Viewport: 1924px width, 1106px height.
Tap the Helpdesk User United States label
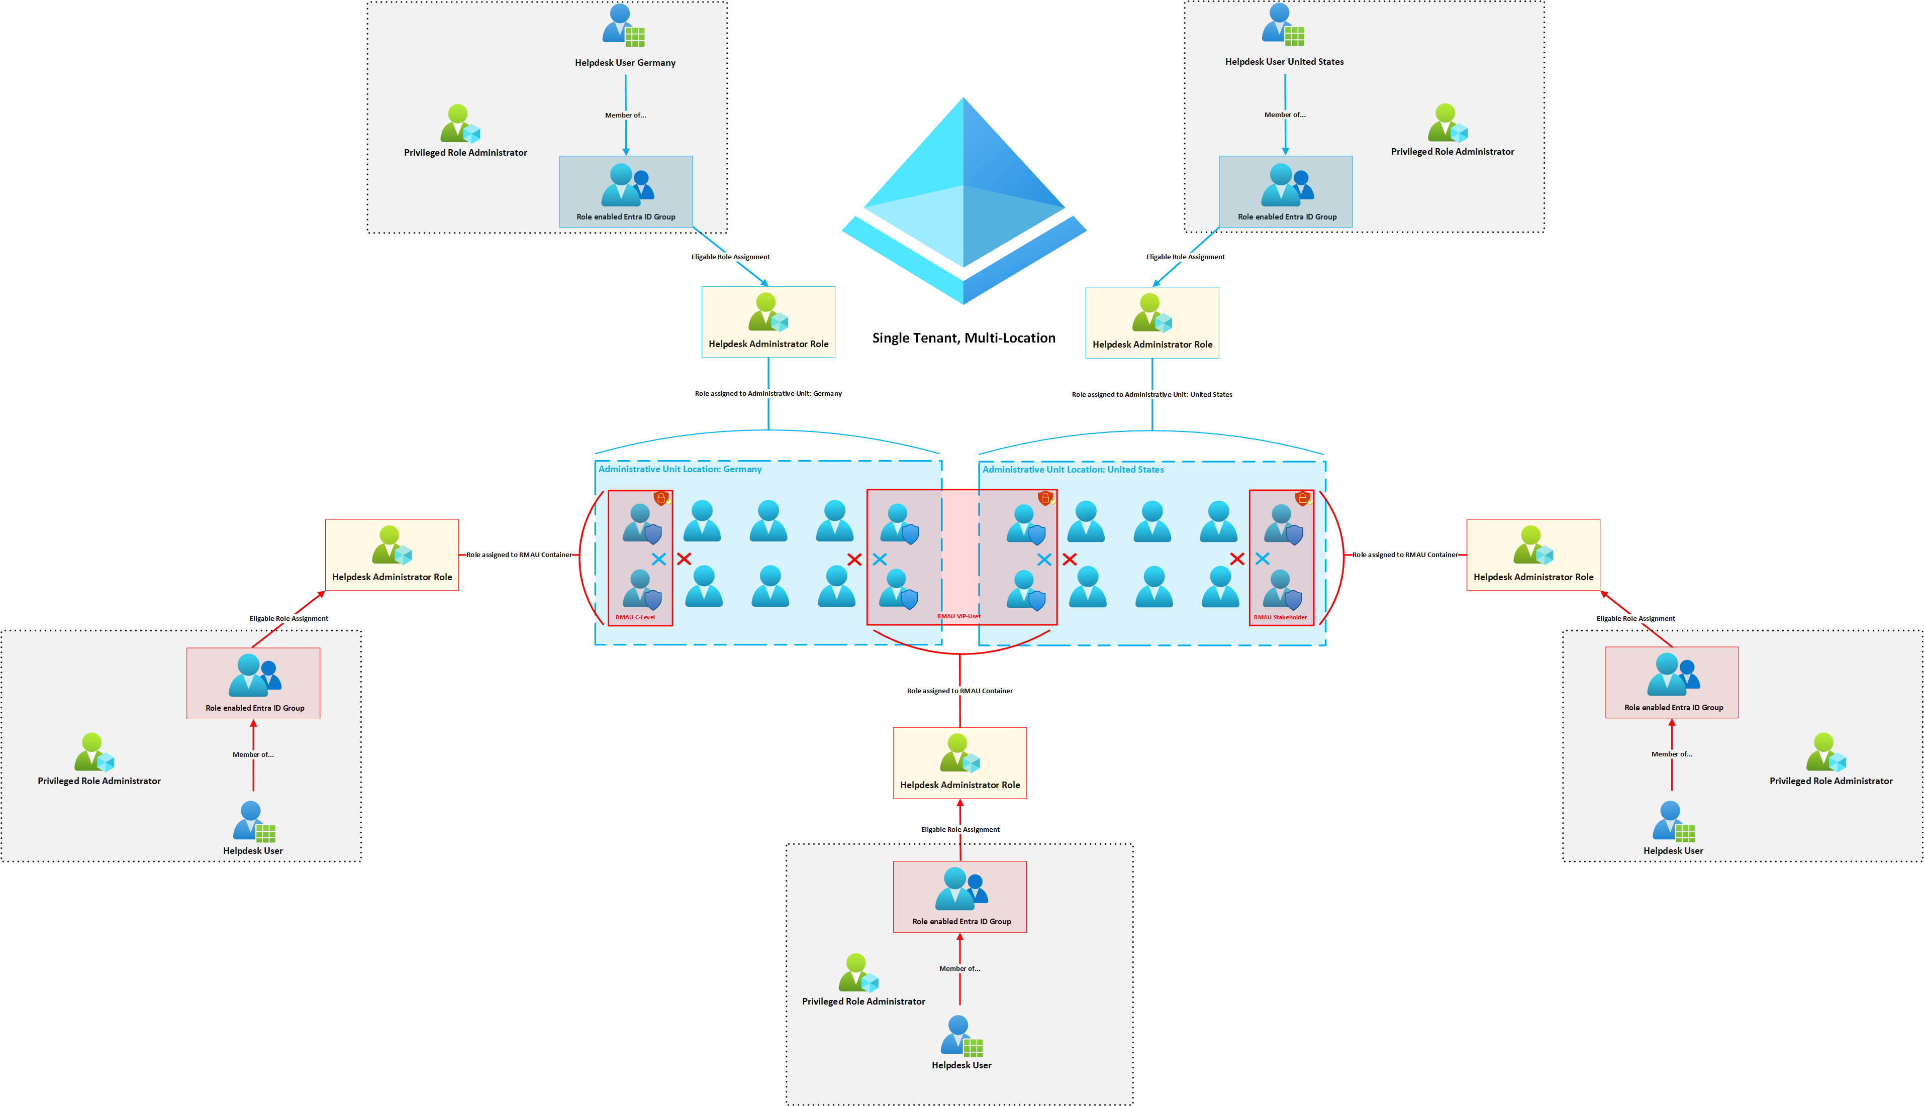1284,62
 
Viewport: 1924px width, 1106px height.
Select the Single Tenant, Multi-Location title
964,338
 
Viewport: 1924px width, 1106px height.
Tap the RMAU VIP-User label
958,617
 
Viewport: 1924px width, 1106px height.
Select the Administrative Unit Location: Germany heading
680,470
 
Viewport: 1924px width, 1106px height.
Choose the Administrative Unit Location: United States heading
1073,470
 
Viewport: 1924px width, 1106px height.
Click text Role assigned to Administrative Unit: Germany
768,393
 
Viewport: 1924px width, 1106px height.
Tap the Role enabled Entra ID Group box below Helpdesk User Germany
625,191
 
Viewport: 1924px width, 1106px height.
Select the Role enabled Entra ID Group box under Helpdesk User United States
1285,191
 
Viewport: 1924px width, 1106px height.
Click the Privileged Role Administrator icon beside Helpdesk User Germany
460,125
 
